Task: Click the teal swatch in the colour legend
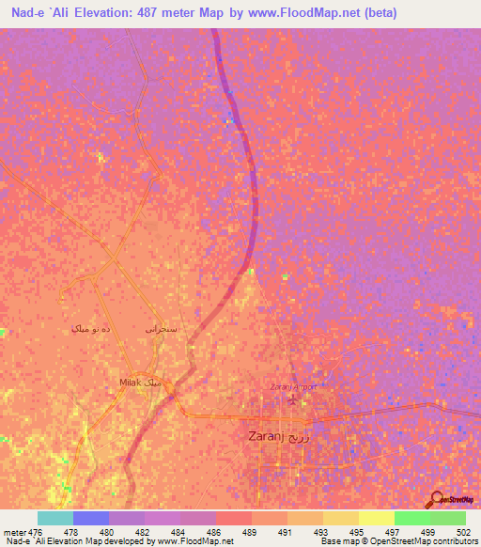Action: (x=54, y=518)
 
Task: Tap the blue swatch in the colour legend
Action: (x=90, y=518)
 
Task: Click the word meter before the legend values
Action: (x=14, y=532)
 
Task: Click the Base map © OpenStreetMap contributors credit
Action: (x=398, y=541)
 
